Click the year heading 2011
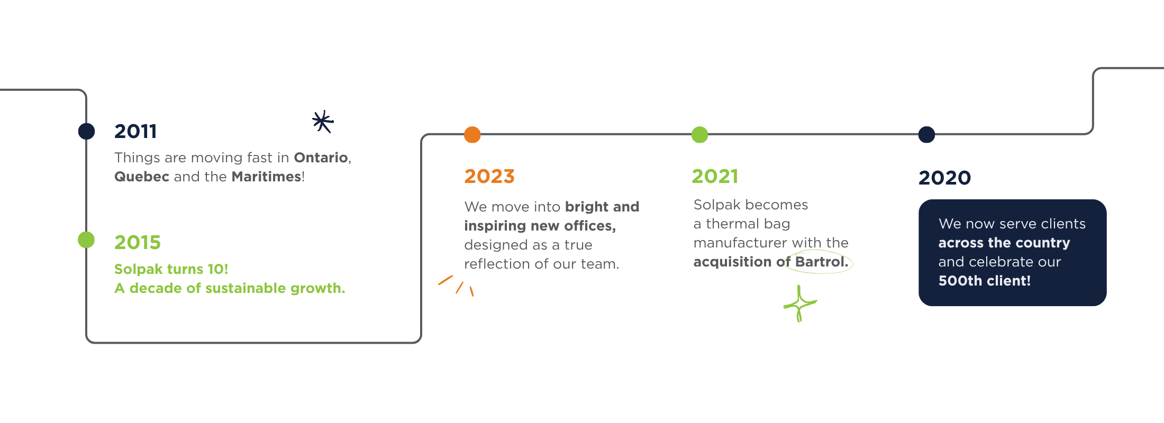click(x=135, y=131)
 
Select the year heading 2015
click(x=138, y=242)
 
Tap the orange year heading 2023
click(x=489, y=176)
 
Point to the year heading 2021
click(x=715, y=176)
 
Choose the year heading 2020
click(x=944, y=178)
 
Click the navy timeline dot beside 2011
click(x=86, y=131)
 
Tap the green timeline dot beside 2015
click(x=86, y=240)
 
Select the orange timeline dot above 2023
click(x=472, y=135)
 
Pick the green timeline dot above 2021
click(x=699, y=135)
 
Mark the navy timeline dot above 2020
click(x=926, y=135)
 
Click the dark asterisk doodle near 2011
click(x=323, y=122)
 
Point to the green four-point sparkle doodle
click(x=799, y=304)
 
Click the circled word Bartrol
click(x=821, y=262)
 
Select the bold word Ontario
click(x=321, y=158)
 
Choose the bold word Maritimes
click(x=266, y=177)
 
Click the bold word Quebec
click(x=142, y=177)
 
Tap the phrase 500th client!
click(x=985, y=281)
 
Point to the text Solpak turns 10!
click(x=171, y=269)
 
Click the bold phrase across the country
click(x=1004, y=243)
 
